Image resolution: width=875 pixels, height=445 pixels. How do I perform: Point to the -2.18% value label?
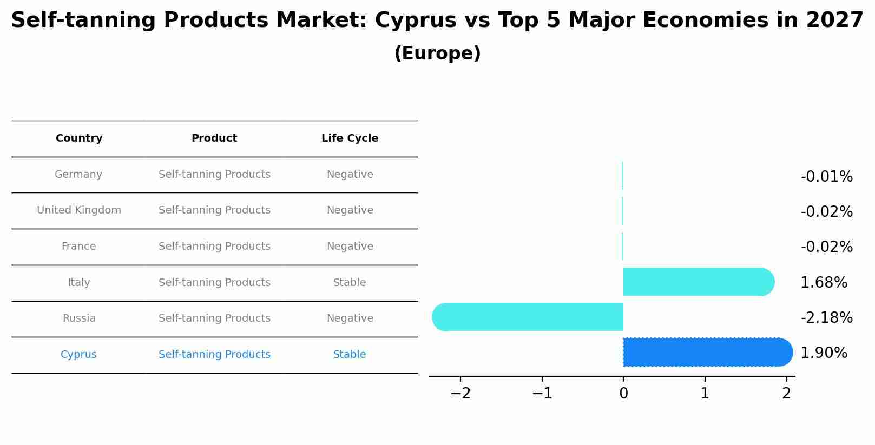point(826,317)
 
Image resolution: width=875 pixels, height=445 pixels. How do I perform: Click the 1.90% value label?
point(824,353)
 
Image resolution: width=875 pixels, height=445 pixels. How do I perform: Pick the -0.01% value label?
point(826,177)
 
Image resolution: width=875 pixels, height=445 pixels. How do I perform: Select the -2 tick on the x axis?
point(460,394)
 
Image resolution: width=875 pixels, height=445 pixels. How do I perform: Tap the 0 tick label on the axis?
point(623,394)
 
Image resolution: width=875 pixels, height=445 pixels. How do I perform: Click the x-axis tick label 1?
point(705,394)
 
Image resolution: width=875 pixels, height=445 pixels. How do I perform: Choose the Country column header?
point(79,138)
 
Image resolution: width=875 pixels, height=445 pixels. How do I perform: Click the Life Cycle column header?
point(350,138)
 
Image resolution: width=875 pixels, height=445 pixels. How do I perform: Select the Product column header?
point(214,138)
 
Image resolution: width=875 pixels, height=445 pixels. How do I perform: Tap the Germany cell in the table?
point(78,175)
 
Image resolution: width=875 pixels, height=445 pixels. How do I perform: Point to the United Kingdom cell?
point(79,210)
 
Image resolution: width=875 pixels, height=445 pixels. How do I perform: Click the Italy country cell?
point(79,283)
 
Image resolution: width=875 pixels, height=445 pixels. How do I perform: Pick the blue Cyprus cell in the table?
point(78,355)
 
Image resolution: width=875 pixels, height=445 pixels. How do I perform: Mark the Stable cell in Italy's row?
point(350,283)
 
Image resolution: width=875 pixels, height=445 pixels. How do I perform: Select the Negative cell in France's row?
point(350,247)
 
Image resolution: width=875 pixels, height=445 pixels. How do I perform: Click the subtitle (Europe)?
point(437,54)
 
